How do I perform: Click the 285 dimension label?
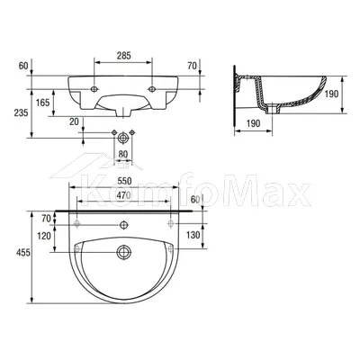coord(124,56)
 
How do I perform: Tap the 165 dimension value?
coord(42,103)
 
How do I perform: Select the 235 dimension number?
coord(21,112)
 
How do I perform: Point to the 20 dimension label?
coord(74,121)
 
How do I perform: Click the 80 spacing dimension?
coord(123,154)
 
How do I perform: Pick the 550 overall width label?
coord(124,181)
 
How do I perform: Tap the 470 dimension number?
coord(124,195)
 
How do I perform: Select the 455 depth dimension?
coord(23,253)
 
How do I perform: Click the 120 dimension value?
coord(44,237)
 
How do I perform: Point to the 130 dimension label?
coord(193,235)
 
